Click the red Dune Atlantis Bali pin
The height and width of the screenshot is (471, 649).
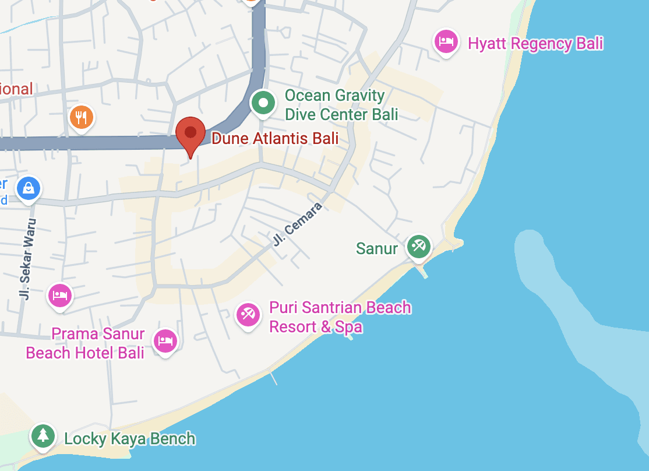(191, 133)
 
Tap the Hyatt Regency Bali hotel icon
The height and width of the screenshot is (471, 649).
(446, 42)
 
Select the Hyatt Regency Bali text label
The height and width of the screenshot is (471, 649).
(535, 44)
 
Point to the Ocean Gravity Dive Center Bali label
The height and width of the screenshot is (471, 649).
(341, 105)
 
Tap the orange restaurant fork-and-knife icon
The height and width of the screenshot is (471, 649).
(82, 118)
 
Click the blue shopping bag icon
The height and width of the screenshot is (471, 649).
(28, 188)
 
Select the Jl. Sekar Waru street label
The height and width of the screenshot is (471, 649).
(27, 259)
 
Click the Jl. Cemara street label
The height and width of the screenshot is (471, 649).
(297, 223)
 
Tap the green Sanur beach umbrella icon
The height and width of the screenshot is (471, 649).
(418, 246)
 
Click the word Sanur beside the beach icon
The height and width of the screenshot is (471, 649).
(377, 248)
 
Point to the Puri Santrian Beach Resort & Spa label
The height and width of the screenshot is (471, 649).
(340, 317)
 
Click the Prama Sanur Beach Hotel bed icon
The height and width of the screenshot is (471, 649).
(165, 341)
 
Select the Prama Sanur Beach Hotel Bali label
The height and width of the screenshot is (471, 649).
(85, 343)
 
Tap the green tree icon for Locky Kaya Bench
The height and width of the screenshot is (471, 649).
(43, 435)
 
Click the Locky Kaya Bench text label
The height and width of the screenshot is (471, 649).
(130, 439)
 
